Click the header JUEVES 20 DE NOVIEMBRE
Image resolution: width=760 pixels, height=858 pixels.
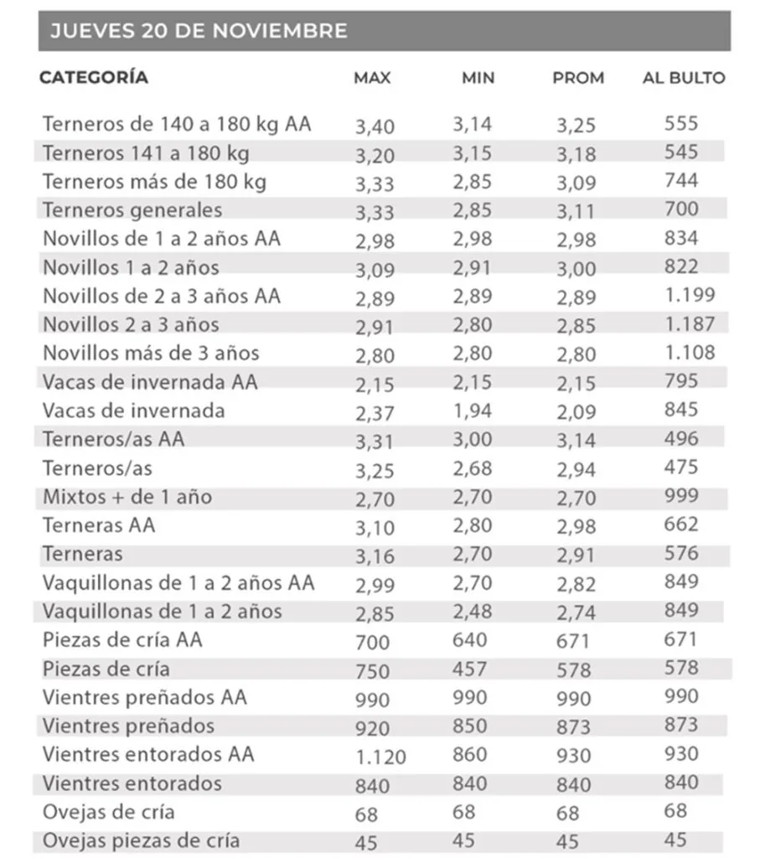pyautogui.click(x=199, y=31)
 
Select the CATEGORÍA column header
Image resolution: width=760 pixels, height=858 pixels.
pyautogui.click(x=94, y=78)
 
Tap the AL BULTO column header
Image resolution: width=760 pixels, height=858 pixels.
pyautogui.click(x=684, y=79)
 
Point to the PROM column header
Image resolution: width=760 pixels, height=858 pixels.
pyautogui.click(x=578, y=79)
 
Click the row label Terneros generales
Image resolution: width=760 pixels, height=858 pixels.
pyautogui.click(x=132, y=209)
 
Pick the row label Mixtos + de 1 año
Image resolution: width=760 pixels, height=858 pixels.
pyautogui.click(x=127, y=497)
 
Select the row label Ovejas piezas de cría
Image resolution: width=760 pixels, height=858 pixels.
pyautogui.click(x=141, y=840)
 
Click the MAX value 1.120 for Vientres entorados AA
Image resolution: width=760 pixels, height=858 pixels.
pyautogui.click(x=381, y=757)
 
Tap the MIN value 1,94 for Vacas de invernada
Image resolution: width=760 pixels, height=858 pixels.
pyautogui.click(x=473, y=411)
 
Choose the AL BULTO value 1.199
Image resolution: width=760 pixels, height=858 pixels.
pyautogui.click(x=690, y=295)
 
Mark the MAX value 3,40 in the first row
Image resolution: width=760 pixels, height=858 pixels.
pyautogui.click(x=375, y=127)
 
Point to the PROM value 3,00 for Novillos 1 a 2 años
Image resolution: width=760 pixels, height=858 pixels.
pyautogui.click(x=576, y=269)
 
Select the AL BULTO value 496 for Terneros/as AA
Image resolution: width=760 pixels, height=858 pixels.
pyautogui.click(x=680, y=439)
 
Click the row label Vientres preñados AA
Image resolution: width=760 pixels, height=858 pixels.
pyautogui.click(x=144, y=697)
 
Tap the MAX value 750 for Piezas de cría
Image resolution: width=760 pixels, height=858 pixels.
pyautogui.click(x=373, y=671)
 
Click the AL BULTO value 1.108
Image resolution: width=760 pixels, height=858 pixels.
pyautogui.click(x=690, y=352)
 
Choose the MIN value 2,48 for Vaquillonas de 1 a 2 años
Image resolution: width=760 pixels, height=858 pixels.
pyautogui.click(x=473, y=611)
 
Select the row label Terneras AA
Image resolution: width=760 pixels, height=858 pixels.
pyautogui.click(x=99, y=525)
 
